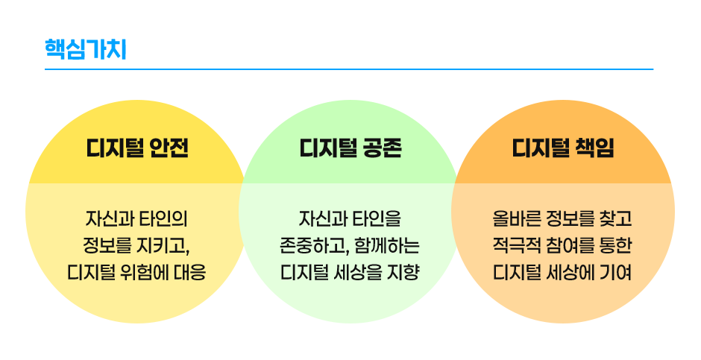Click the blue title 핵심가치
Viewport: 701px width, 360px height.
coord(85,49)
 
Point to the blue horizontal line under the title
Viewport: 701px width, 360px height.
coord(348,69)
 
